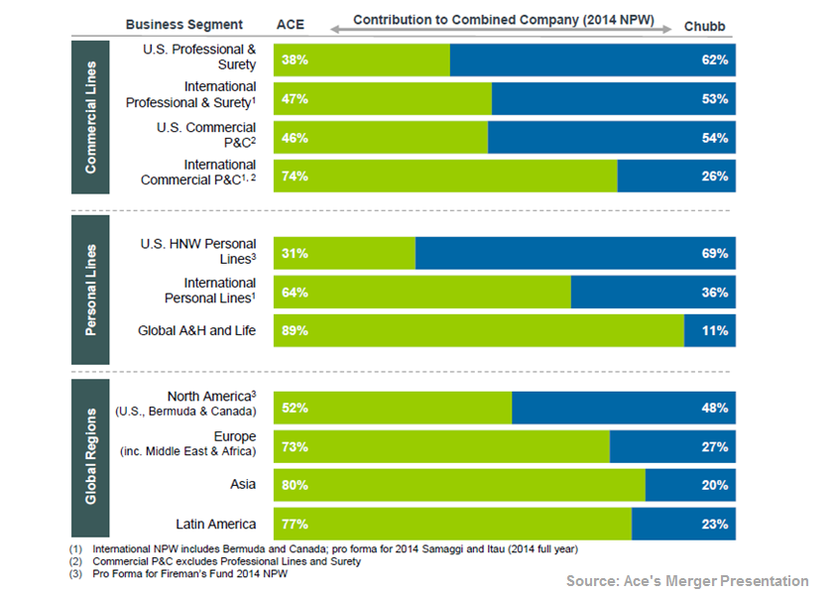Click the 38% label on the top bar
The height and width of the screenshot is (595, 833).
pyautogui.click(x=295, y=60)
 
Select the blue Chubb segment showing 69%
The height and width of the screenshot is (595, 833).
pyautogui.click(x=575, y=254)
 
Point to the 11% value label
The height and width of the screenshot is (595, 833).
pyautogui.click(x=715, y=331)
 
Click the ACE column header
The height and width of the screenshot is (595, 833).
pyautogui.click(x=290, y=24)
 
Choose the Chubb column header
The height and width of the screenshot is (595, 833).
pyautogui.click(x=705, y=24)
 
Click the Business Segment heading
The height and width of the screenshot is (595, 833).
pyautogui.click(x=183, y=24)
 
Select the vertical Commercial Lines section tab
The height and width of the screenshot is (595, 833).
pyautogui.click(x=90, y=116)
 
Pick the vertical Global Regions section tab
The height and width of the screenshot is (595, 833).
pyautogui.click(x=90, y=456)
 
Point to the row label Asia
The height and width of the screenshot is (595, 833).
pyautogui.click(x=242, y=485)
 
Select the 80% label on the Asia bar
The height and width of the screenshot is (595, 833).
pyautogui.click(x=295, y=485)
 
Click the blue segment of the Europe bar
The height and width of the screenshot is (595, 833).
pyautogui.click(x=672, y=446)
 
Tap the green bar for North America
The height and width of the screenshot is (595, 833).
pyautogui.click(x=392, y=408)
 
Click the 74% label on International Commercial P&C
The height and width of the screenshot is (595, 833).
pyautogui.click(x=295, y=177)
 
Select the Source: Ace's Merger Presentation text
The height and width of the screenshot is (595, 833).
pyautogui.click(x=687, y=581)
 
